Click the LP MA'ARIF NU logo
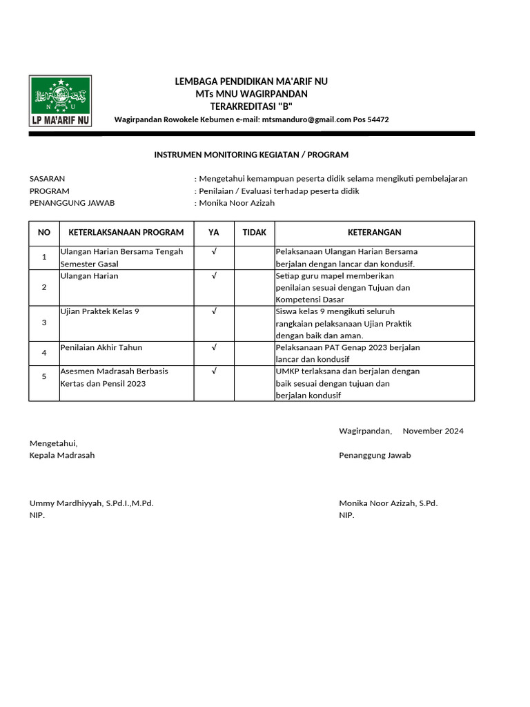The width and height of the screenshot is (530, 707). [x=60, y=101]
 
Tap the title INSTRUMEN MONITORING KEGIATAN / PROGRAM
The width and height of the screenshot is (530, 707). [x=251, y=155]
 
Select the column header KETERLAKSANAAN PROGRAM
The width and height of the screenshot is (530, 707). [x=126, y=233]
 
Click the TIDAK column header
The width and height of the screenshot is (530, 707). [x=254, y=233]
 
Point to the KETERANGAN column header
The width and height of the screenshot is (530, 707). [x=374, y=233]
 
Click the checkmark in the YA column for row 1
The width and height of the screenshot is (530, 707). [x=214, y=252]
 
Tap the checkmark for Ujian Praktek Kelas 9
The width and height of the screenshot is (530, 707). [x=214, y=311]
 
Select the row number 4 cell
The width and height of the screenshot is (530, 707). [x=44, y=353]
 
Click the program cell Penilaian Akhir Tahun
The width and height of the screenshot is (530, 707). [x=101, y=347]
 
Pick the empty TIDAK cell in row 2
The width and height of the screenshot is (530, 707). [x=254, y=287]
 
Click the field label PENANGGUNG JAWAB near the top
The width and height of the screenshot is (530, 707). [x=72, y=203]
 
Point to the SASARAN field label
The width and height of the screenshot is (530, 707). [x=47, y=178]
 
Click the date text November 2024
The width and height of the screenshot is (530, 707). [x=433, y=431]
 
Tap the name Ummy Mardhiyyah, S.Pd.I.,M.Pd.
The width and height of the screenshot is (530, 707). [x=91, y=503]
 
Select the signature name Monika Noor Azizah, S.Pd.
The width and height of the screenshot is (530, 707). [x=388, y=503]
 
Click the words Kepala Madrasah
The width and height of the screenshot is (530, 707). [x=62, y=455]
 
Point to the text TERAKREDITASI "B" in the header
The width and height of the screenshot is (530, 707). [x=251, y=106]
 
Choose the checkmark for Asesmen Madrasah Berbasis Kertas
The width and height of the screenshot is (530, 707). [x=214, y=371]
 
